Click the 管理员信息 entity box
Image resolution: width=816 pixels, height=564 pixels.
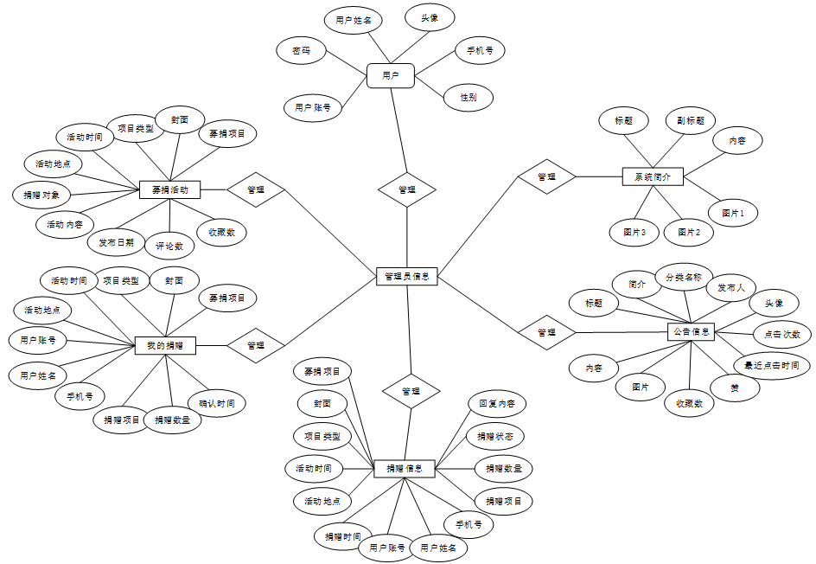[406, 277]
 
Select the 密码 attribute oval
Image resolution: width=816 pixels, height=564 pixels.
[302, 51]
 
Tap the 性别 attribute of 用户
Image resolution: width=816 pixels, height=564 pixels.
[469, 98]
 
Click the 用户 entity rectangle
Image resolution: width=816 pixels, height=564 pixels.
[390, 75]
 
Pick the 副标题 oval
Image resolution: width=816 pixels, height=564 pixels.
[690, 121]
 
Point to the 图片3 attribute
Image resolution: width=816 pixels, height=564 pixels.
[634, 232]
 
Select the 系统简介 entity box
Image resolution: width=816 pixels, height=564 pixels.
[653, 176]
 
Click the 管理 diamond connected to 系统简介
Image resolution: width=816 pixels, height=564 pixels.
[546, 176]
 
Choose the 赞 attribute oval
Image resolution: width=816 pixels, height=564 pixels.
[734, 388]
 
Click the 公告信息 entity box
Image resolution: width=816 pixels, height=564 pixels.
[691, 330]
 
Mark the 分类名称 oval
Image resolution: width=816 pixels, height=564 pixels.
[683, 278]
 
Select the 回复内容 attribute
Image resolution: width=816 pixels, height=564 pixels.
[496, 403]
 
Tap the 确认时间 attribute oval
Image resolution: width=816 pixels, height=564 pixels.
[216, 403]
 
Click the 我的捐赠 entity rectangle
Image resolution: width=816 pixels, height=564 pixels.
[165, 345]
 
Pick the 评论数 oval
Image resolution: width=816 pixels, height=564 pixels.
[169, 246]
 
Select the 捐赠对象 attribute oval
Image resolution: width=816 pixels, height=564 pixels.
[41, 195]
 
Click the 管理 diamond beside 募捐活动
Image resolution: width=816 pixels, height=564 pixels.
[256, 189]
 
